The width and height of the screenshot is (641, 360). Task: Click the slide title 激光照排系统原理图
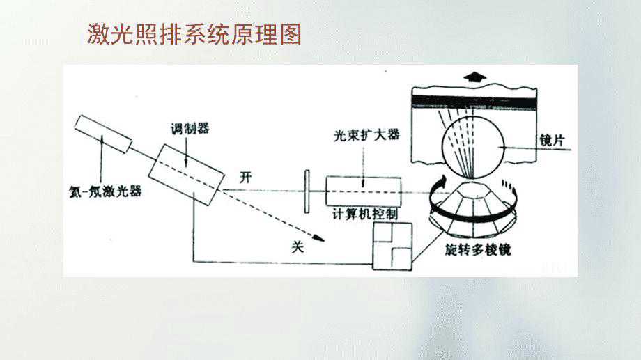click(x=194, y=34)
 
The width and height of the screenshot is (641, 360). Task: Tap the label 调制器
click(x=190, y=129)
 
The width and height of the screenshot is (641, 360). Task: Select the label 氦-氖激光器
click(x=105, y=191)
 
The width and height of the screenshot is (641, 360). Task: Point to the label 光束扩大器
click(x=366, y=135)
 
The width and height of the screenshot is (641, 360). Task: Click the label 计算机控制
click(x=365, y=214)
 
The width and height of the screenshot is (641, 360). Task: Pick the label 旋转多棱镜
click(x=478, y=249)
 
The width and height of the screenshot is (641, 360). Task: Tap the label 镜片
click(x=553, y=140)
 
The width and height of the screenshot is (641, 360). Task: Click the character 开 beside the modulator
click(x=245, y=178)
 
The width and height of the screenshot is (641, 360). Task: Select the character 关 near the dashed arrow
click(x=298, y=246)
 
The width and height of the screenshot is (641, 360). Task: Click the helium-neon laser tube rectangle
click(x=104, y=134)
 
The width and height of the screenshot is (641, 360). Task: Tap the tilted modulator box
click(x=187, y=175)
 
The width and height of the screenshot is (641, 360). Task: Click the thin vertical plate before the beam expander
click(x=307, y=191)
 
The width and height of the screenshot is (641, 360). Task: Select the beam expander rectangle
click(x=364, y=191)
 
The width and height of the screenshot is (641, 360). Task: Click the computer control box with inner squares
click(x=392, y=246)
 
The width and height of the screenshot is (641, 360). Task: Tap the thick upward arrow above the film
click(x=474, y=77)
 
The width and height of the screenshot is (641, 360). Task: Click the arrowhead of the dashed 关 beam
click(x=319, y=238)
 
